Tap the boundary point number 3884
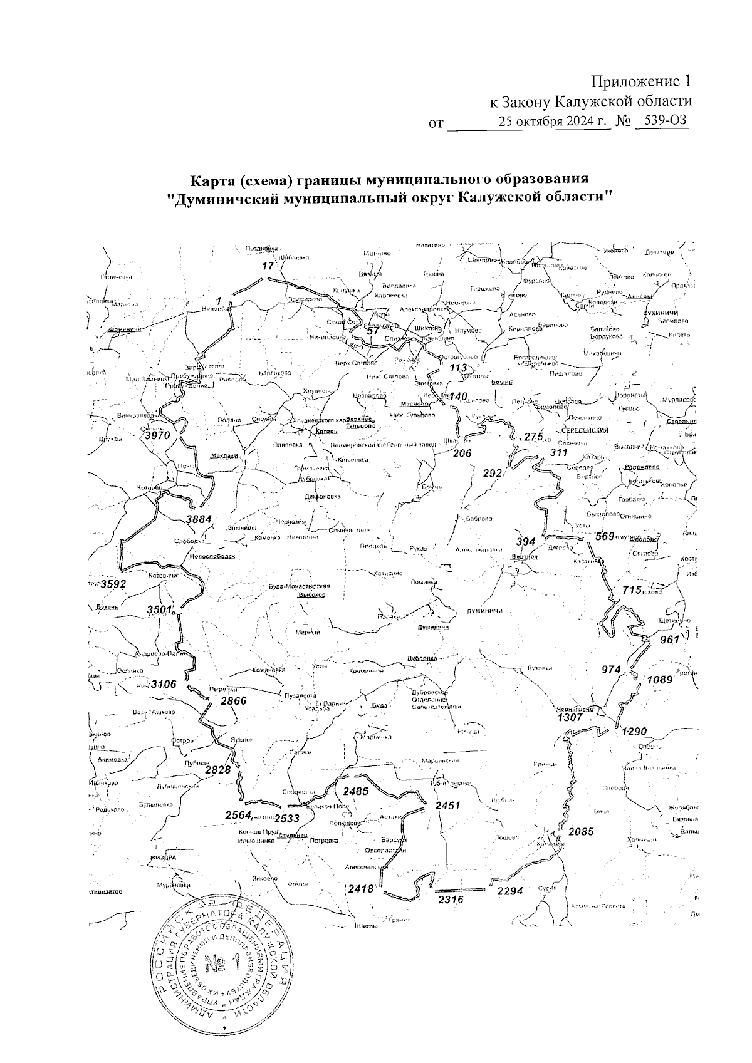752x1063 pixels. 199,519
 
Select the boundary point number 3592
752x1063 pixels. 113,584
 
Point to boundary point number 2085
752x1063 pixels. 580,832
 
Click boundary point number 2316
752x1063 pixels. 451,900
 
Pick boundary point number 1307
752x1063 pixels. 570,718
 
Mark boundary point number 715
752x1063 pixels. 632,590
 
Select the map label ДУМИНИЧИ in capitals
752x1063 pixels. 484,611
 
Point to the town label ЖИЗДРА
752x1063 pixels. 163,858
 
